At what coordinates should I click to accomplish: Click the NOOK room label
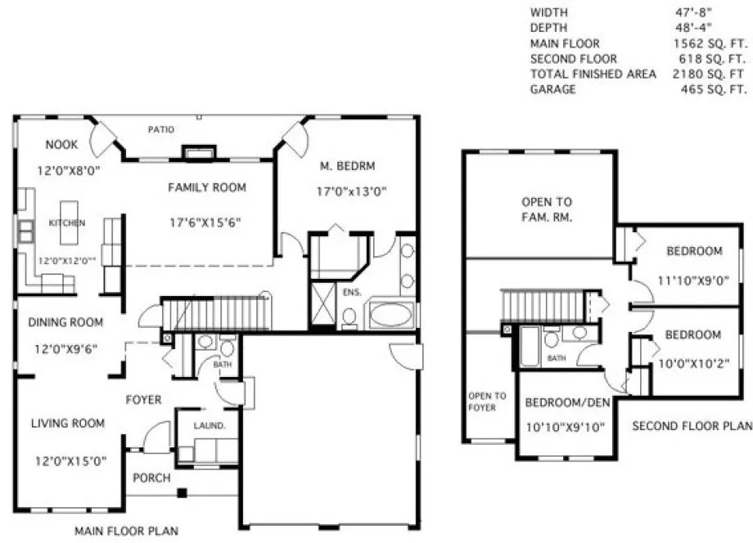pos(62,145)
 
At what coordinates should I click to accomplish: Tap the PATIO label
pos(160,129)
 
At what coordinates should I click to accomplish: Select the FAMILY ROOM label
pos(207,187)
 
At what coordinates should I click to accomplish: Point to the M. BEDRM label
pos(347,166)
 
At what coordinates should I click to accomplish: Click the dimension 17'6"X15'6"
pos(205,222)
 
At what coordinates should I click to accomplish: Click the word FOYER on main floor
pos(143,400)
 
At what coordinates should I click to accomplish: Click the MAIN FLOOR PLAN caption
pos(126,531)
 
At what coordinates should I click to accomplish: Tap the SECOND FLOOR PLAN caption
pos(692,425)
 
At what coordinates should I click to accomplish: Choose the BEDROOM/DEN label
pos(565,402)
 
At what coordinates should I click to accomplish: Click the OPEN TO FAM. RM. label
pos(547,209)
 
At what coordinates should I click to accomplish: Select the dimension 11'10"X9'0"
pos(692,281)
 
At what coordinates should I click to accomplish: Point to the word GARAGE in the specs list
pos(552,89)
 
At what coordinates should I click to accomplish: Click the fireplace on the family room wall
pos(199,152)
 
